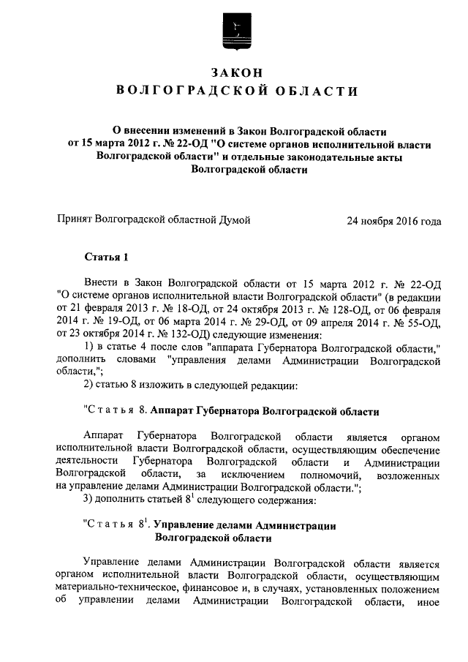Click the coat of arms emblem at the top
click(234, 31)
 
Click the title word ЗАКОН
click(234, 72)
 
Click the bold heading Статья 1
click(106, 257)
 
